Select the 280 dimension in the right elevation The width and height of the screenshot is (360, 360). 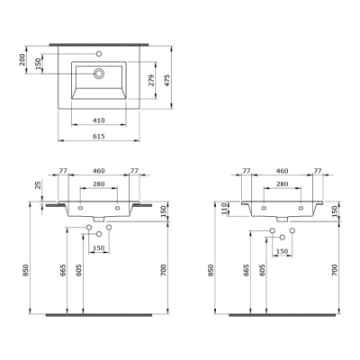(283, 184)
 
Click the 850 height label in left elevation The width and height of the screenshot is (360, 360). (28, 270)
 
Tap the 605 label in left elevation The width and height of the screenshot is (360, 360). (80, 273)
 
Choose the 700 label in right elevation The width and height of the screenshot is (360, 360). (335, 270)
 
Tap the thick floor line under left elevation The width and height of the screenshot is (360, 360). (100, 316)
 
